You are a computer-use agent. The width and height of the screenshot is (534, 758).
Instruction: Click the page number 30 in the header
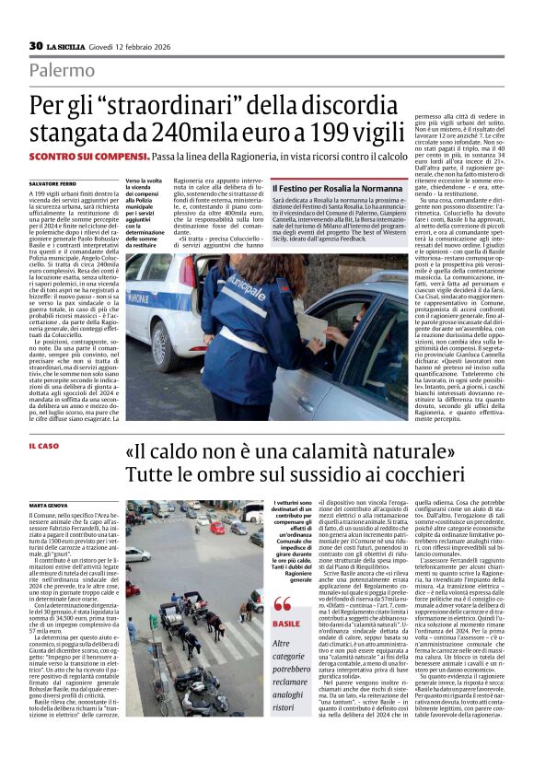[36, 46]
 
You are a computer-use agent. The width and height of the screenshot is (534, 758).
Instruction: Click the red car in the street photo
[217, 528]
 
